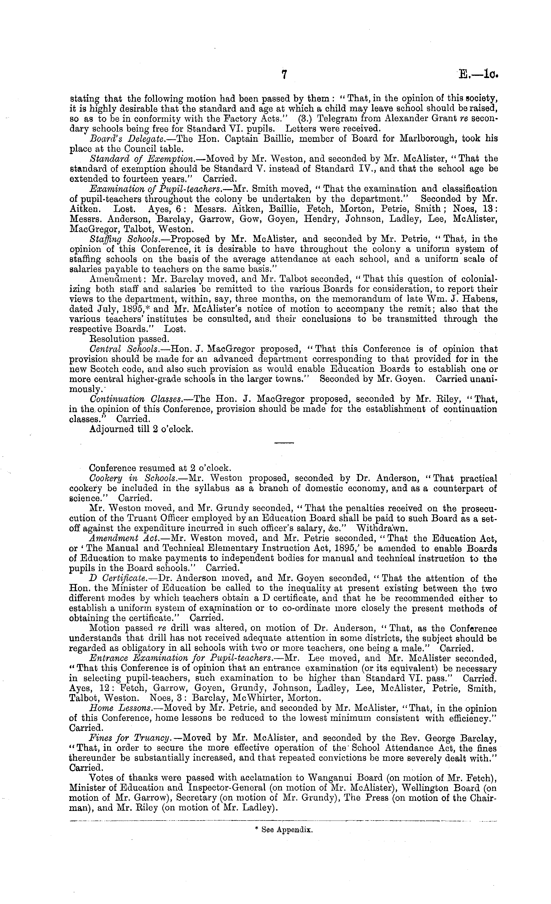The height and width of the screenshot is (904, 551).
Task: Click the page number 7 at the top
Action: pyautogui.click(x=284, y=75)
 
